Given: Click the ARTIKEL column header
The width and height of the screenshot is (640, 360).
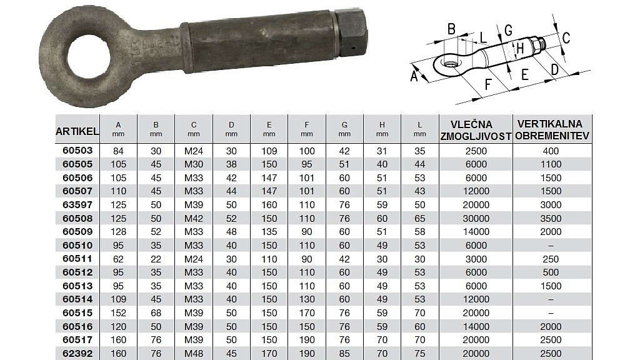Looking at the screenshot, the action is click(x=77, y=131).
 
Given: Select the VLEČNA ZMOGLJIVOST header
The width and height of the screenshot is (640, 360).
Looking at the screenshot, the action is click(x=476, y=131).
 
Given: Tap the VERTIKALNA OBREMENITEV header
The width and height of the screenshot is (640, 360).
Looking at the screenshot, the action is click(x=552, y=130).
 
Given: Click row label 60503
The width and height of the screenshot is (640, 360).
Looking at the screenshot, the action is click(x=77, y=151).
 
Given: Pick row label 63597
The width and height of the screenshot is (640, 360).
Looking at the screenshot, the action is click(x=77, y=204).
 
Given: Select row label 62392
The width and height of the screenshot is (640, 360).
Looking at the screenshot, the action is click(x=77, y=353).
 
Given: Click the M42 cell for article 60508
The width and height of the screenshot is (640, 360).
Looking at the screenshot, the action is click(x=194, y=218).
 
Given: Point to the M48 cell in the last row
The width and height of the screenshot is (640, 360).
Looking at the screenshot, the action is click(x=194, y=354).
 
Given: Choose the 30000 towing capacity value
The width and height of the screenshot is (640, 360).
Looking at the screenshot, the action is click(x=476, y=218).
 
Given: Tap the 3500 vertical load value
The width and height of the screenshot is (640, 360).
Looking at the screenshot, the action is click(x=551, y=218).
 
